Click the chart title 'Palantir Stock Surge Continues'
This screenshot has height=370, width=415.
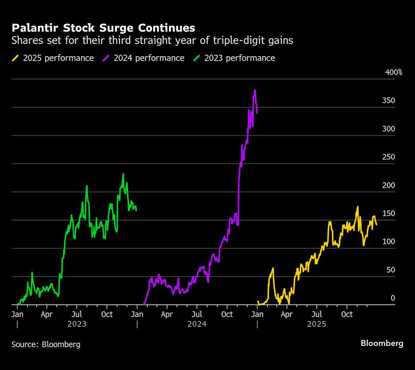(x=103, y=28)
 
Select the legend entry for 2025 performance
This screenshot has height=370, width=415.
(x=53, y=58)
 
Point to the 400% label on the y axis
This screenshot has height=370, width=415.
(x=394, y=72)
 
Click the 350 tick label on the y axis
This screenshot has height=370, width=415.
(x=389, y=100)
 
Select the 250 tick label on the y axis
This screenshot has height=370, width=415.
(x=389, y=157)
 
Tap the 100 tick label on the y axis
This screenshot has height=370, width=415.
(x=389, y=242)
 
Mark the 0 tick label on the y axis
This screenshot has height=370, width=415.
(x=393, y=298)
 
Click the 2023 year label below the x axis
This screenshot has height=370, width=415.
(x=77, y=324)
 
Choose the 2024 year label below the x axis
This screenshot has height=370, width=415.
(x=197, y=324)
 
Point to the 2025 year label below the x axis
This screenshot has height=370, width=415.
(x=316, y=324)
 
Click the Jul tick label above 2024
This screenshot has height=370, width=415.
(x=197, y=315)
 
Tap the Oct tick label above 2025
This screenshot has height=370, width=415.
(x=347, y=315)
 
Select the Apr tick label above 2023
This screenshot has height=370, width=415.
(x=47, y=315)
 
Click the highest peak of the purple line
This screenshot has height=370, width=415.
(x=255, y=90)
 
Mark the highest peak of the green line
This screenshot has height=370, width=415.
(x=123, y=174)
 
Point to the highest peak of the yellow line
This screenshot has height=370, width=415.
(x=357, y=206)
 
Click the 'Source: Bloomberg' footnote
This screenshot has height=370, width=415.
(x=46, y=344)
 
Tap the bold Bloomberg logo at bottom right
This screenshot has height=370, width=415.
(x=382, y=344)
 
